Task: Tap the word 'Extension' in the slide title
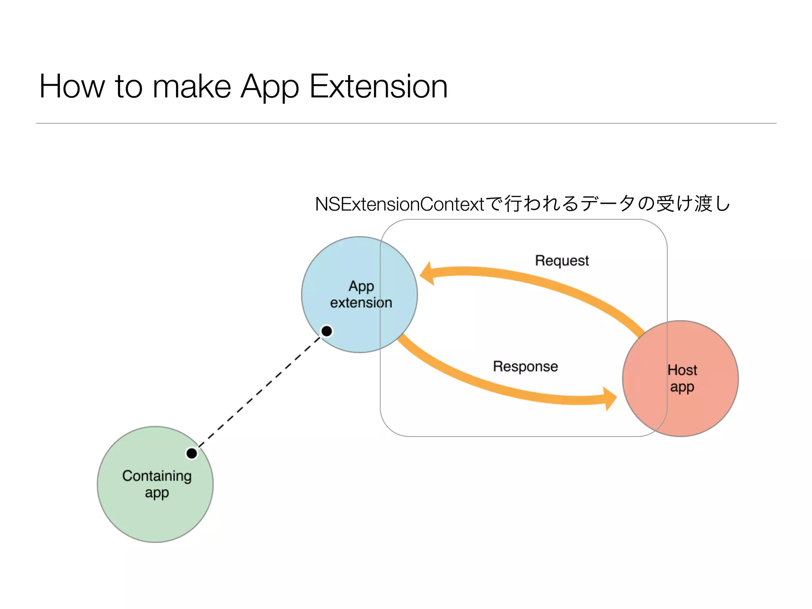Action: point(378,86)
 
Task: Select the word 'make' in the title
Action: point(192,86)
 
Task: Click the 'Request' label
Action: point(562,261)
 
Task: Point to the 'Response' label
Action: point(525,366)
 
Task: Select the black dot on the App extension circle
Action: point(327,331)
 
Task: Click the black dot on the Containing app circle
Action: point(192,453)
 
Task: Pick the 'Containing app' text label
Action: point(157,484)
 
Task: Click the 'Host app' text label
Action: point(682,378)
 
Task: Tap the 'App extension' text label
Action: point(361,294)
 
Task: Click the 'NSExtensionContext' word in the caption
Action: point(400,205)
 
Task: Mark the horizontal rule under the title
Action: point(406,123)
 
